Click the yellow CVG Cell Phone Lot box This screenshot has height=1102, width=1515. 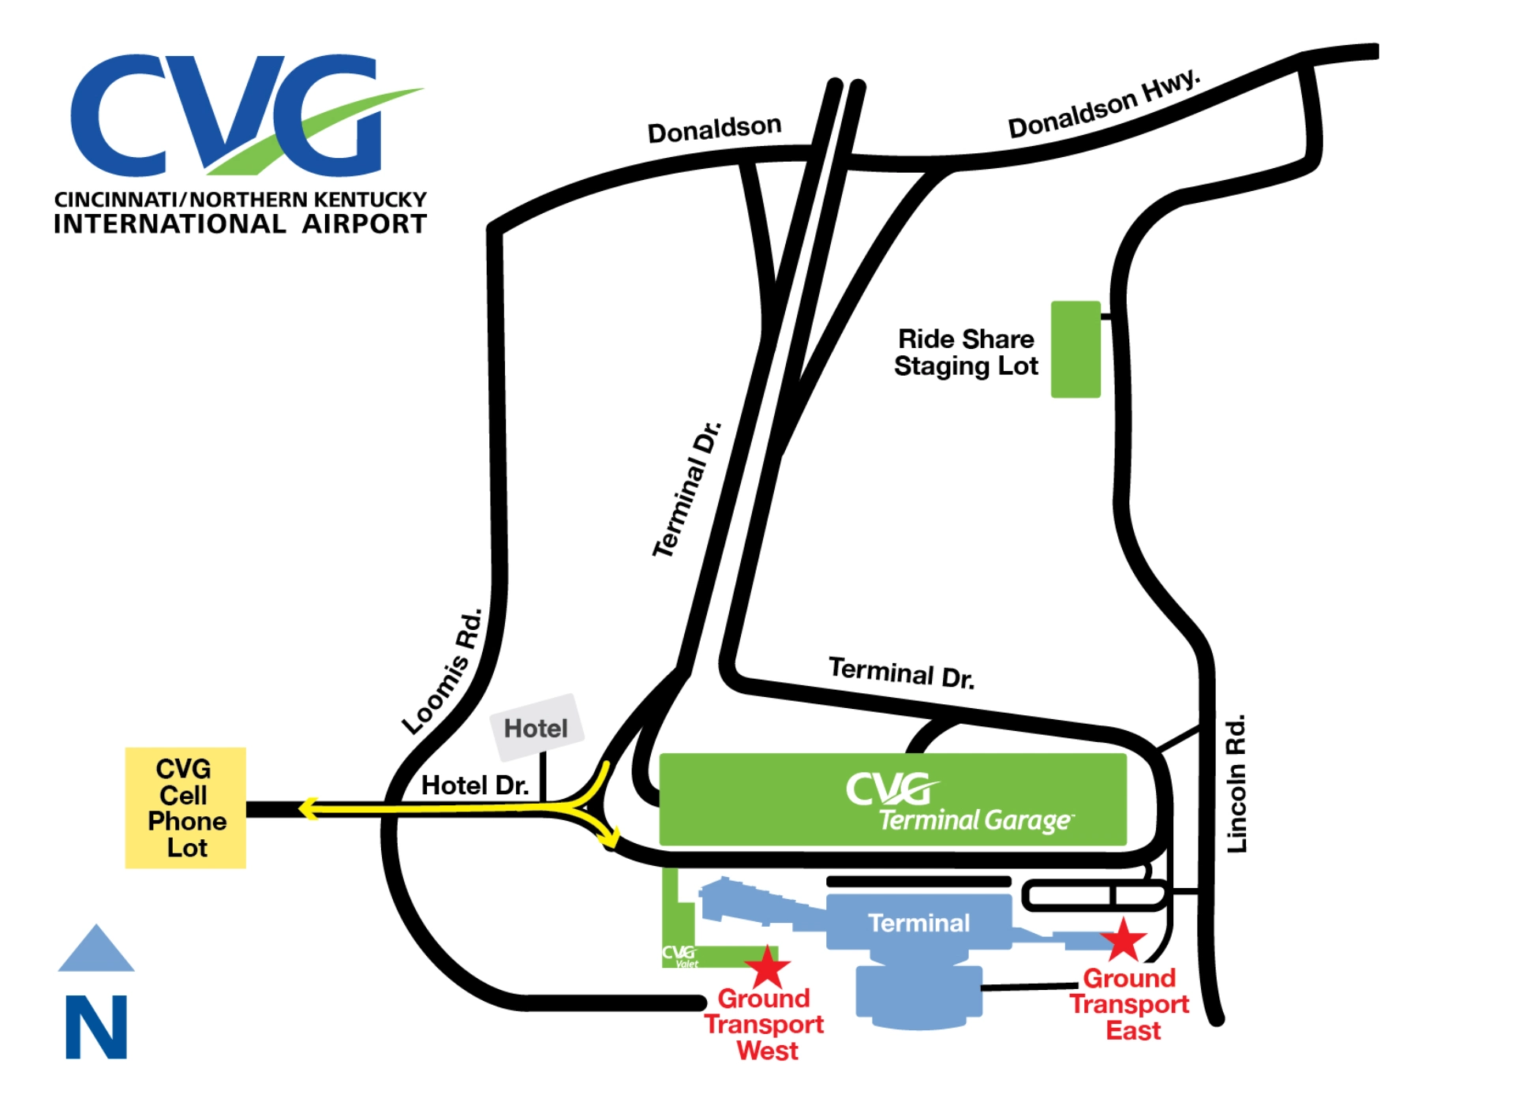[x=185, y=808]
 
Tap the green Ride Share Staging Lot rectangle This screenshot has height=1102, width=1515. [x=1075, y=349]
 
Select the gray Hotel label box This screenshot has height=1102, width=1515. [x=537, y=727]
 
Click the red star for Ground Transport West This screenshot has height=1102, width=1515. [x=767, y=968]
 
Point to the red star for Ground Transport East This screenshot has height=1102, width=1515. [x=1123, y=940]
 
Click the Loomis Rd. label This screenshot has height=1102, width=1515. [x=443, y=672]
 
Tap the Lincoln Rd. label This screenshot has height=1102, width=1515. [x=1236, y=783]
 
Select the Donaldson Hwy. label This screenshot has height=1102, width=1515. [x=1104, y=104]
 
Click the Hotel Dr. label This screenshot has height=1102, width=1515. [x=475, y=785]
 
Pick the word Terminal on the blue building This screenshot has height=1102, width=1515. [x=918, y=922]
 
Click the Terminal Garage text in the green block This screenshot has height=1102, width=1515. [x=975, y=821]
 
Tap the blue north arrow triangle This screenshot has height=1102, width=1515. [x=96, y=950]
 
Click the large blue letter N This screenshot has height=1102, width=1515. [x=96, y=1026]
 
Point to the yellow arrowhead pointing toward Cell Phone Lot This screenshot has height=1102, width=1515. [x=309, y=808]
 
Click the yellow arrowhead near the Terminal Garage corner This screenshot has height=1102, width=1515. [x=610, y=838]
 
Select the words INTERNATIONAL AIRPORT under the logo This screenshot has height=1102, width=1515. [x=240, y=224]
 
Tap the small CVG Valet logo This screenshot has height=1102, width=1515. [x=680, y=956]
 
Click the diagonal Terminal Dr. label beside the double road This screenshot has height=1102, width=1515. [x=686, y=489]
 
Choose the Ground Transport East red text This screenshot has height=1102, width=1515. [x=1129, y=1004]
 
